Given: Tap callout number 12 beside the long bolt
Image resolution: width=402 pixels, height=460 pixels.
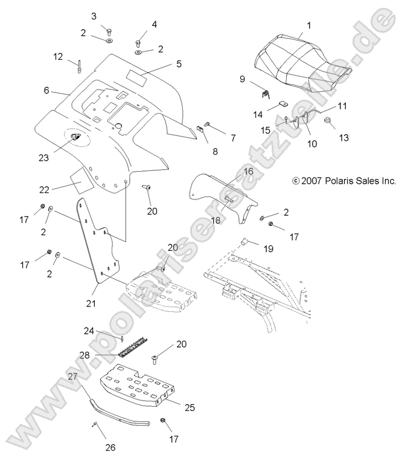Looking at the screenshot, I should pos(58,56).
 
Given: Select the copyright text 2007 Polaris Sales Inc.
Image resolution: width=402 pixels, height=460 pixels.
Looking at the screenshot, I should pos(343,180).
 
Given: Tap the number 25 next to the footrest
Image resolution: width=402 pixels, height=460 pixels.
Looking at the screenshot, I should pos(190,408).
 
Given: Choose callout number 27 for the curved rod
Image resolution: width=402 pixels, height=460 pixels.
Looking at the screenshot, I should pos(72,376).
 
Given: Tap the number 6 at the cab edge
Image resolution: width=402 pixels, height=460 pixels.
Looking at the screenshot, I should pos(46,90).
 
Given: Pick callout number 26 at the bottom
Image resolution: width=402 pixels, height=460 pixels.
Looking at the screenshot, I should pos(109,448).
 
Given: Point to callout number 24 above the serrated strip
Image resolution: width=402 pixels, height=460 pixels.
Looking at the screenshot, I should pos(89,331).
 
